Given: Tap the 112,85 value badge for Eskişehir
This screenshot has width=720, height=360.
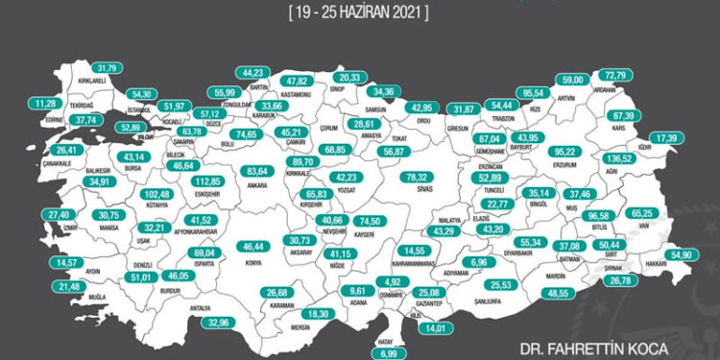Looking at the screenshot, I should (209, 180).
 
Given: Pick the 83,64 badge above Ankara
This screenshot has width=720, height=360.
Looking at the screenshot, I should (256, 171).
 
